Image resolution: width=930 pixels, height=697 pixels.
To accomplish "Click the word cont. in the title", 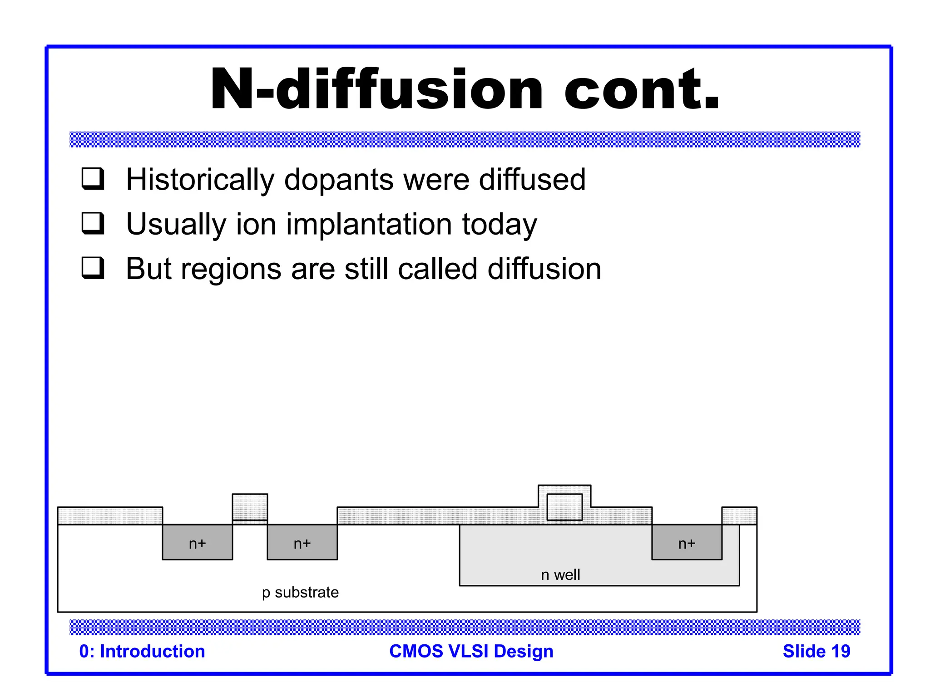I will (641, 89).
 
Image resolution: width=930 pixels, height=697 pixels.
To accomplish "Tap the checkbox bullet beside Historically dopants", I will (93, 178).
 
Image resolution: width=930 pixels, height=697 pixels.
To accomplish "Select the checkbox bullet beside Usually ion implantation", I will (93, 223).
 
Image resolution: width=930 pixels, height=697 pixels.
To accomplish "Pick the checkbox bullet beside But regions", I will (93, 268).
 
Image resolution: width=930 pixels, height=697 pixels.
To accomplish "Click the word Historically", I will (200, 180).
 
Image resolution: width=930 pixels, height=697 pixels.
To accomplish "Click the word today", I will (499, 224).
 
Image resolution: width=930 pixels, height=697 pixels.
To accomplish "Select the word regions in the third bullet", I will (231, 269).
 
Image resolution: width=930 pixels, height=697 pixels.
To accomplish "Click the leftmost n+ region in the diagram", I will (197, 543).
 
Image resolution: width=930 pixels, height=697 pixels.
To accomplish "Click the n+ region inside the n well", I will (687, 543).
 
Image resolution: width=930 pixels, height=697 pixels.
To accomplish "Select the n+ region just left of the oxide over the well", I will (302, 543).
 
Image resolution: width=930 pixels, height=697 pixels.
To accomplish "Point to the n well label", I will (560, 575).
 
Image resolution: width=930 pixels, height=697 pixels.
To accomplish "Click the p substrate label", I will (300, 592).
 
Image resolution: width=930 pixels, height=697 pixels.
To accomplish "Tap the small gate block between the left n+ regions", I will (250, 507).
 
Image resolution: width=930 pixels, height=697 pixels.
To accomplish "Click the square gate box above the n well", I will (564, 507).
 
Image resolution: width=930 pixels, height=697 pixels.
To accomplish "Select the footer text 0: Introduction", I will (142, 651).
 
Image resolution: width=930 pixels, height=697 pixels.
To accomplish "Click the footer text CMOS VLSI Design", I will (471, 651).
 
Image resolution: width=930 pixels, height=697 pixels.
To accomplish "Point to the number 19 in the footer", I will (840, 651).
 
